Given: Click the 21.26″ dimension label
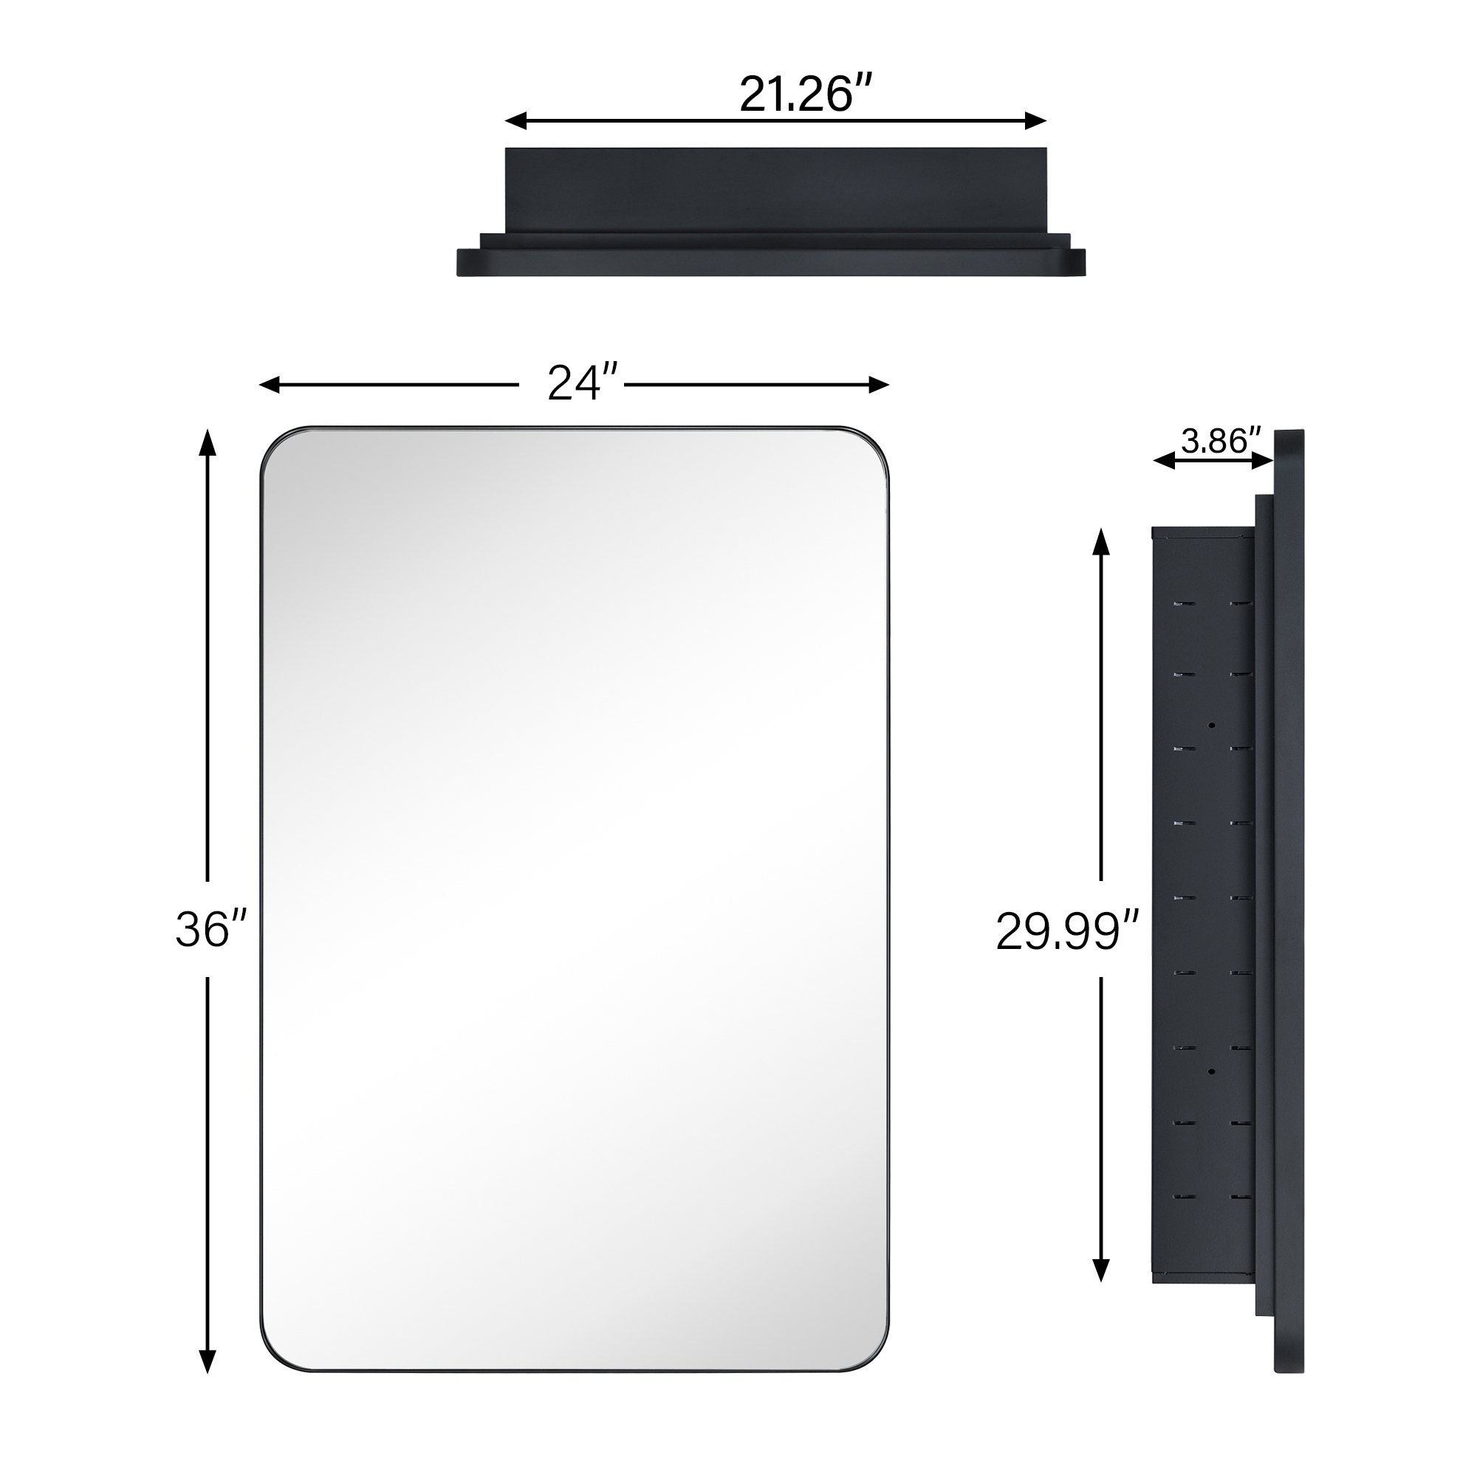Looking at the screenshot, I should click(805, 95).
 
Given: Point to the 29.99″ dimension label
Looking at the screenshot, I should click(1066, 932).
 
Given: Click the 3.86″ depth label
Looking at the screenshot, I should click(1220, 440).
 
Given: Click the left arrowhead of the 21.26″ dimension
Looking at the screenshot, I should click(515, 121).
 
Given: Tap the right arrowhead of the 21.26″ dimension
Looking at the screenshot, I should click(1036, 121).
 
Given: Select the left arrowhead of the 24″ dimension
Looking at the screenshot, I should click(270, 385).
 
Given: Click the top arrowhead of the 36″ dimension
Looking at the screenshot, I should click(208, 442).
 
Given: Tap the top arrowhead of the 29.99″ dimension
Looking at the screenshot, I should click(1100, 541).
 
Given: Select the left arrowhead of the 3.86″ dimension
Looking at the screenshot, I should click(1164, 460).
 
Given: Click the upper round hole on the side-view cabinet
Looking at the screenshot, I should click(1212, 724).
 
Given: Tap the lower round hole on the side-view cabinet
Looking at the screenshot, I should click(1212, 1072).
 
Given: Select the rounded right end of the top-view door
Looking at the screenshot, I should click(1078, 261).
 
